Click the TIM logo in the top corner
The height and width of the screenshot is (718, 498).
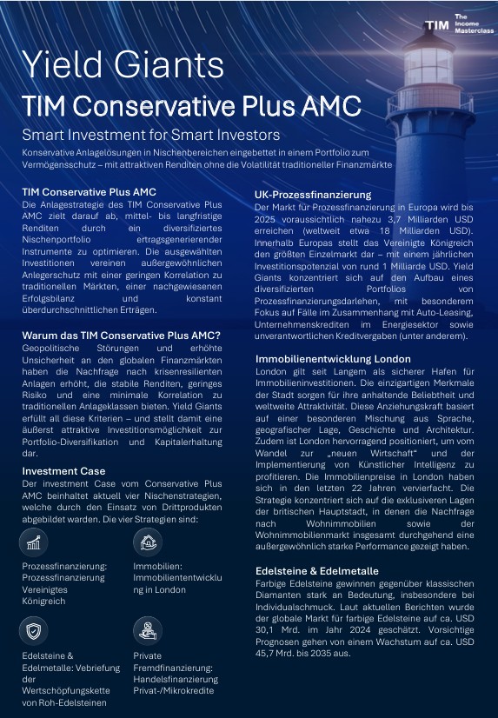point(436,25)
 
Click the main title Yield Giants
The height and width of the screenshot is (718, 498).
point(122,64)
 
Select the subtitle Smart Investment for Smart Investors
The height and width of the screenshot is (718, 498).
point(150,135)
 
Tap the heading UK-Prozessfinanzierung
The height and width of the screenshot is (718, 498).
point(312,195)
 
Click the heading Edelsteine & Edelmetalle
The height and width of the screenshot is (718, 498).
point(316,570)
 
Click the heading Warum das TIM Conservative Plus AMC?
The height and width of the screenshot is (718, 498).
point(121,336)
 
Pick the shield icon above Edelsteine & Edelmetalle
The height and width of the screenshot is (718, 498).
point(34,629)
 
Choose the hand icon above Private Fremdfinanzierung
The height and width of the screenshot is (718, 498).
point(148,629)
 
